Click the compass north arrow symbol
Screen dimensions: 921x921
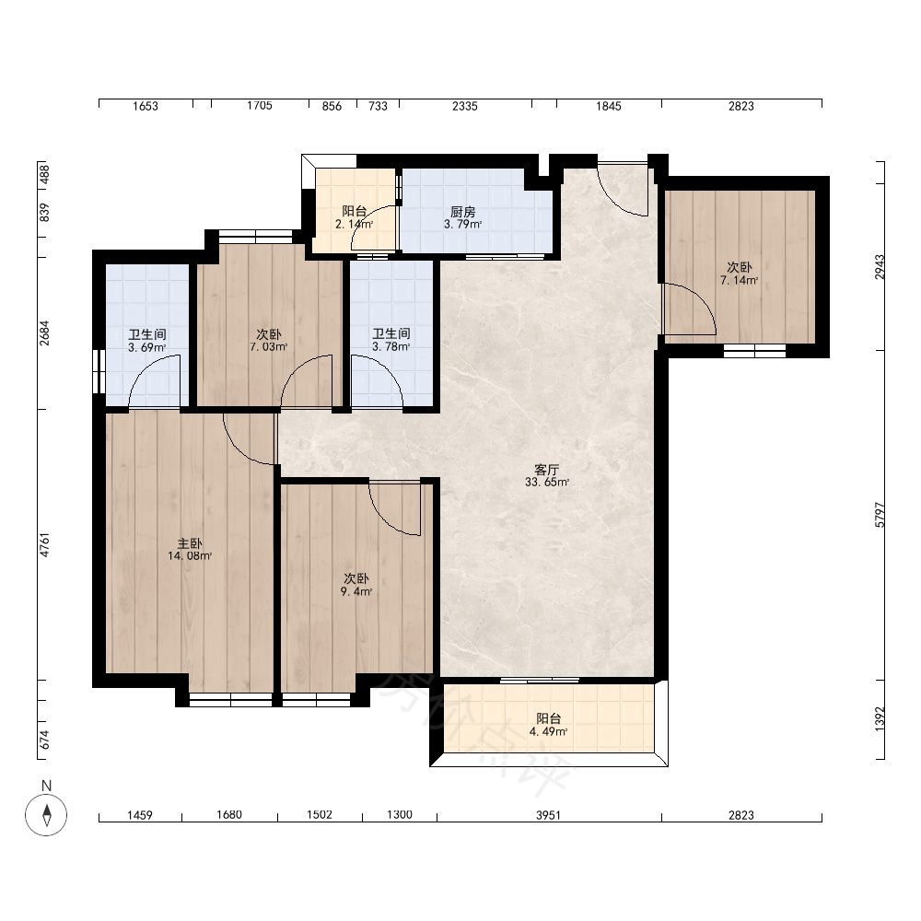point(46,815)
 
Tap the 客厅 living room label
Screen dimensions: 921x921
point(546,470)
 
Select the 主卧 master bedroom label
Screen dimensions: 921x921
point(190,543)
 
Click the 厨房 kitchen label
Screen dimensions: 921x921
point(463,212)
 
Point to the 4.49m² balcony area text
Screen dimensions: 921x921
point(548,731)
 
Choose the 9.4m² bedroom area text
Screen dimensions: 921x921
point(356,591)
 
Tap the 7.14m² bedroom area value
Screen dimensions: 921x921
point(739,280)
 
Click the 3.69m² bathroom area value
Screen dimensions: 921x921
point(146,347)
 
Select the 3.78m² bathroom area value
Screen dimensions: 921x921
point(391,346)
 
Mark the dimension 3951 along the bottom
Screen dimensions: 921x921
point(548,815)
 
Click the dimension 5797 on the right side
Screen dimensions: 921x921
point(880,515)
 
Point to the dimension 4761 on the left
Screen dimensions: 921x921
point(44,544)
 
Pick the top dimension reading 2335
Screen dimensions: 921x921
point(464,106)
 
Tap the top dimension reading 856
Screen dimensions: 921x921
point(332,106)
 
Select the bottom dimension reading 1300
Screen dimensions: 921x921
point(400,814)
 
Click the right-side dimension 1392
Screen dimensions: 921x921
point(880,718)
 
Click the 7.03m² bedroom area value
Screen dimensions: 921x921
point(268,346)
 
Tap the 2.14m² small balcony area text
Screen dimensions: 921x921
point(355,224)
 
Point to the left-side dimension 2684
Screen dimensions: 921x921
point(44,332)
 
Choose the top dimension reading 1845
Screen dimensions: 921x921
point(609,106)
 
